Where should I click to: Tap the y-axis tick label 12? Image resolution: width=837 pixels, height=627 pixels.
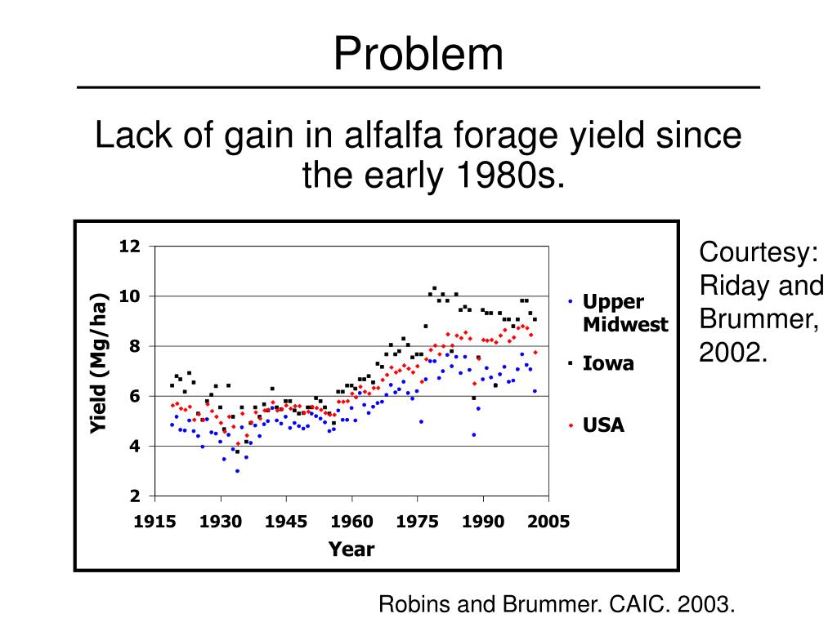click(130, 247)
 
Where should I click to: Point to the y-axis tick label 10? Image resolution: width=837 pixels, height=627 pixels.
click(130, 296)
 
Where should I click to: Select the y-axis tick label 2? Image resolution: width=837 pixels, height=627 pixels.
click(135, 496)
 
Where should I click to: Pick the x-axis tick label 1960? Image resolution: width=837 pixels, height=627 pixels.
click(351, 522)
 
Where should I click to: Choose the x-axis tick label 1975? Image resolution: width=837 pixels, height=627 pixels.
click(417, 522)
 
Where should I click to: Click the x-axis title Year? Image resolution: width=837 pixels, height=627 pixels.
click(351, 549)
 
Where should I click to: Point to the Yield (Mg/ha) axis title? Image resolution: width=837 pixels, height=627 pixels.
click(99, 362)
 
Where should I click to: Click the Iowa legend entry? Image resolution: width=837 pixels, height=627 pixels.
click(607, 364)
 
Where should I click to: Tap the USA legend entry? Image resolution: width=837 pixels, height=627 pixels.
click(603, 425)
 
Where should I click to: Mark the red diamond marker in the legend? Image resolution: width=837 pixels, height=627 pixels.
click(571, 425)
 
